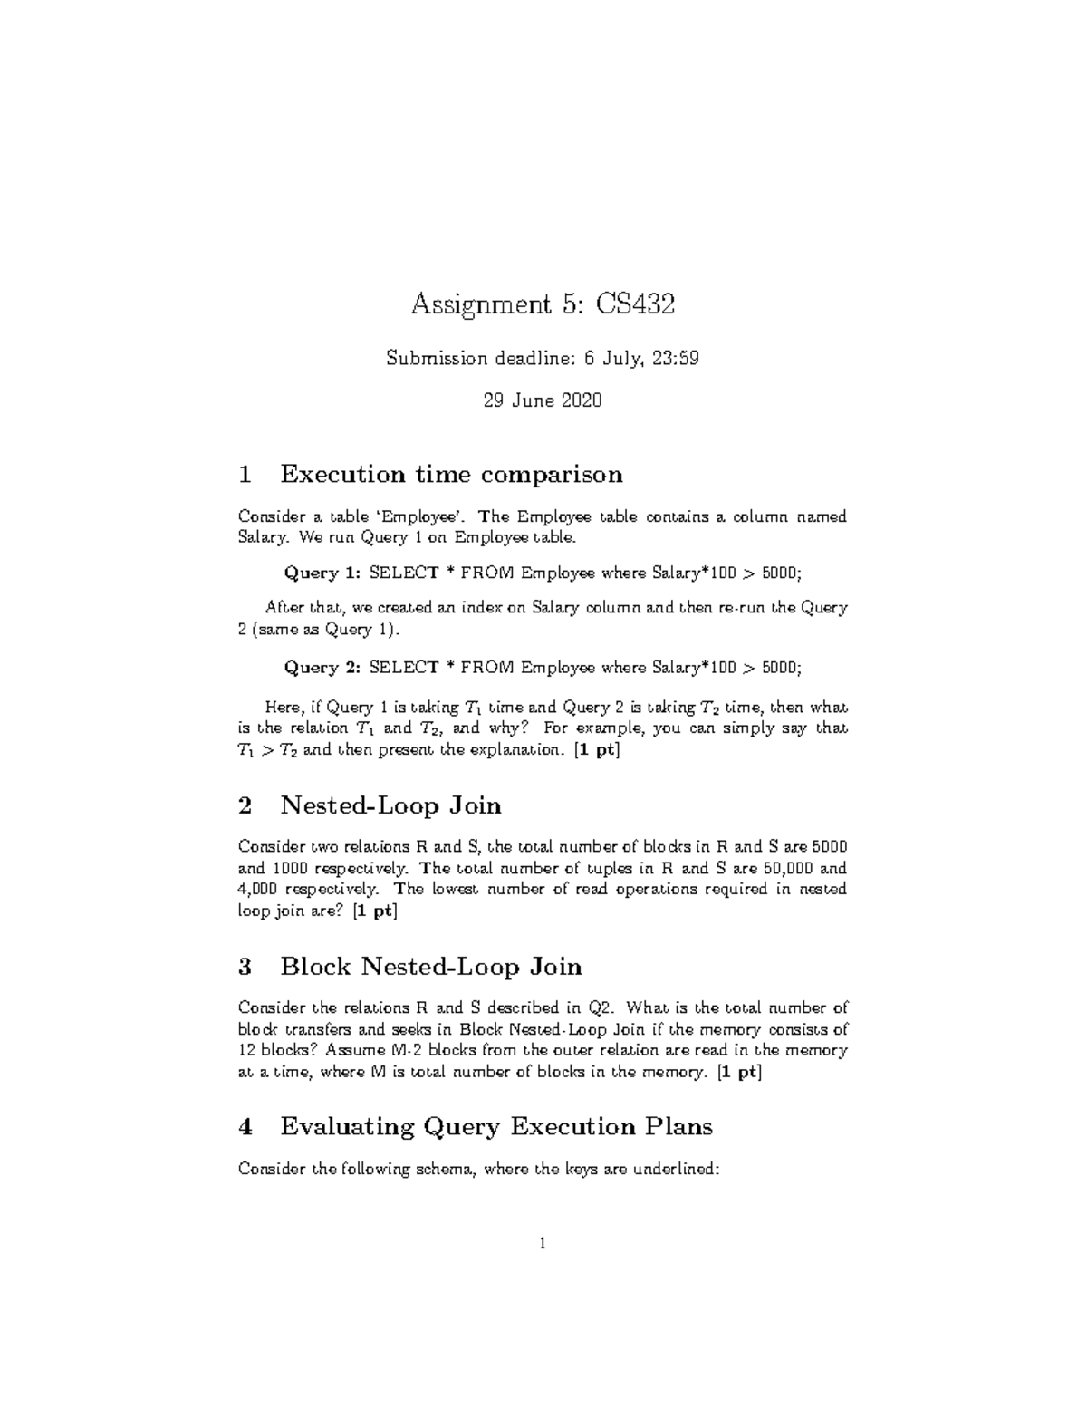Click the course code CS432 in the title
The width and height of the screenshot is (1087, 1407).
[x=634, y=304]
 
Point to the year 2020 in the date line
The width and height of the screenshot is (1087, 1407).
[x=581, y=400]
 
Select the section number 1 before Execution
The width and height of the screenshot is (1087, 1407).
[x=243, y=474]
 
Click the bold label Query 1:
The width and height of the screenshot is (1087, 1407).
[x=323, y=573]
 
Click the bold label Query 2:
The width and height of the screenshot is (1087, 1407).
[x=323, y=668]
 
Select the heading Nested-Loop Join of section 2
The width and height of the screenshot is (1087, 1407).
[x=391, y=805]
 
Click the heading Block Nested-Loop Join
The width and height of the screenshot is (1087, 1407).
[x=431, y=967]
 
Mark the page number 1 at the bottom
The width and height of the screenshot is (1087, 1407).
[x=543, y=1244]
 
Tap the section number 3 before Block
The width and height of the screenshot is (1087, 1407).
[x=243, y=967]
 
